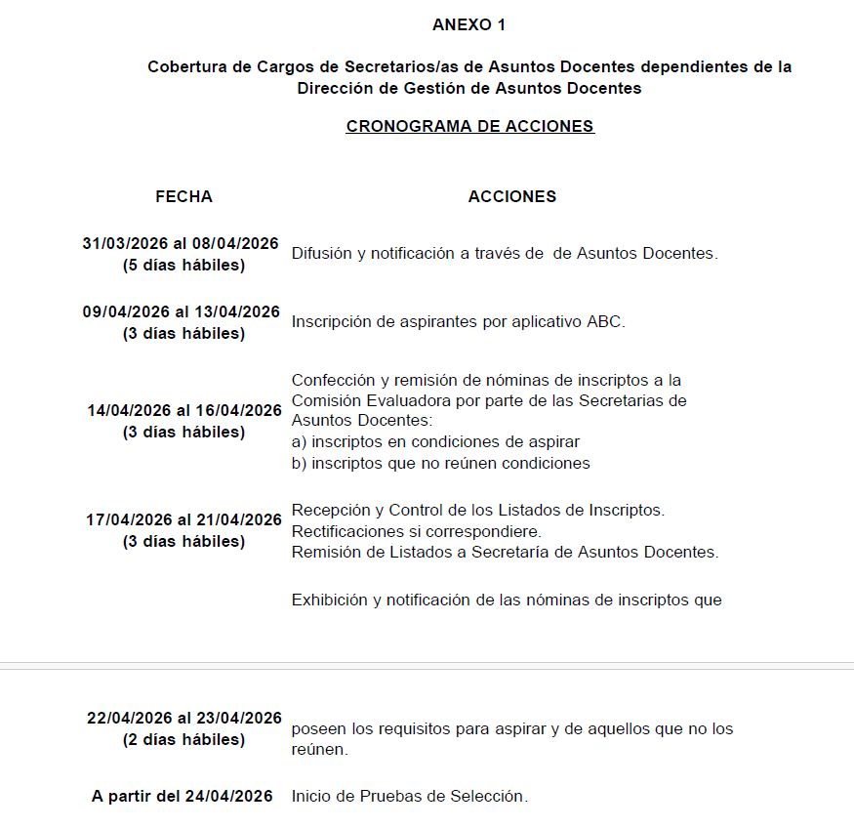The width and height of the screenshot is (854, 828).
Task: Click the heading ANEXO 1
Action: point(468,24)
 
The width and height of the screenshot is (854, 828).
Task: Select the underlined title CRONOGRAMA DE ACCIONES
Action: point(470,126)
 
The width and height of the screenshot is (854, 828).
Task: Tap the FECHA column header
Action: point(183,196)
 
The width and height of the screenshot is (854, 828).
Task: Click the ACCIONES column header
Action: point(512,196)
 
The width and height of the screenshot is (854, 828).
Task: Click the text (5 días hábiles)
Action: point(183,265)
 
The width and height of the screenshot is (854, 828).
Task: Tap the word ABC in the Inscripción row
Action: point(605,321)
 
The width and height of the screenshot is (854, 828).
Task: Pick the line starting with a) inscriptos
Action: point(435,441)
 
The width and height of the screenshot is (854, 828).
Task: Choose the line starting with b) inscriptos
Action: point(440,463)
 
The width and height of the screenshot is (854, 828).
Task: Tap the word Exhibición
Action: point(330,600)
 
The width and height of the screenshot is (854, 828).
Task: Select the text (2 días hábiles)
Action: point(183,739)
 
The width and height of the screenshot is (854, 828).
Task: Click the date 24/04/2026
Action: point(233,796)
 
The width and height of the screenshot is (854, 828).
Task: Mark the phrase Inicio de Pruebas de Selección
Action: point(409,796)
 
